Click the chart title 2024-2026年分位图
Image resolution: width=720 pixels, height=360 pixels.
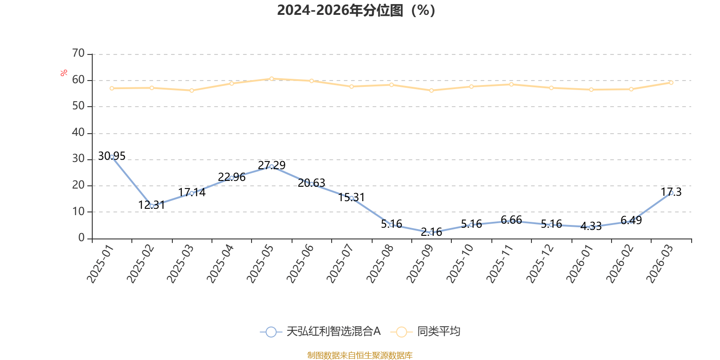click(x=355, y=10)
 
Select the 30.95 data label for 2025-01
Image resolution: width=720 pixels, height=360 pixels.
click(x=112, y=156)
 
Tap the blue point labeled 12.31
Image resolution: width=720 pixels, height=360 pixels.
click(x=152, y=206)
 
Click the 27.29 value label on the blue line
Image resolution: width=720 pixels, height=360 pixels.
click(x=271, y=165)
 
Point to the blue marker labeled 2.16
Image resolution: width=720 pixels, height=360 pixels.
click(x=432, y=232)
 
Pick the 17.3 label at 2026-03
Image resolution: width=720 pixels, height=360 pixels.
click(x=671, y=192)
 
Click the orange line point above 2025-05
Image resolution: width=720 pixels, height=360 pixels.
click(x=271, y=79)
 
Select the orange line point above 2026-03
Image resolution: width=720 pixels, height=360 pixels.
click(x=671, y=82)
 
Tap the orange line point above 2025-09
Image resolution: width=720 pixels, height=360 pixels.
click(x=432, y=90)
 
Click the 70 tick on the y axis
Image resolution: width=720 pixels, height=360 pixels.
click(x=78, y=54)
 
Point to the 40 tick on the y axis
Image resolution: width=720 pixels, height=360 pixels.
click(x=78, y=133)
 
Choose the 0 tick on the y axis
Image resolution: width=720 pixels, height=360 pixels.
click(x=81, y=238)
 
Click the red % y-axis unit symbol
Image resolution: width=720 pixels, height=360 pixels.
click(x=64, y=73)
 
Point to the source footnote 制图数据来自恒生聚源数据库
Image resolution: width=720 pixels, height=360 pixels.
click(x=360, y=355)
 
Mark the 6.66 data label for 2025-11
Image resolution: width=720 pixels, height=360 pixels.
click(x=511, y=220)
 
